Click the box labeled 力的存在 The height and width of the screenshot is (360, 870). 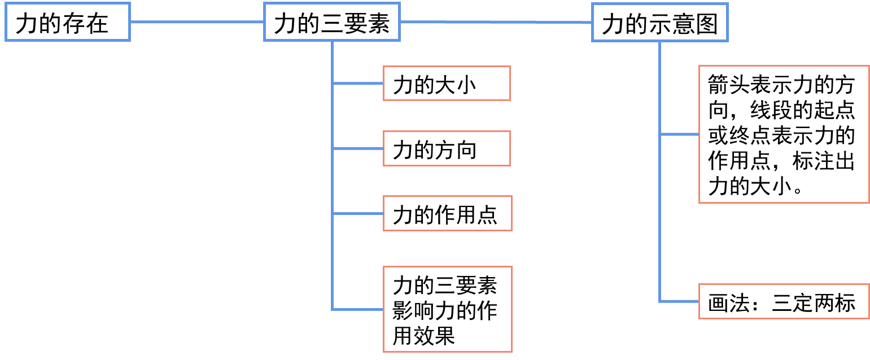pyautogui.click(x=67, y=22)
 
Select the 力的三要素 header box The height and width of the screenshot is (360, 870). pyautogui.click(x=332, y=22)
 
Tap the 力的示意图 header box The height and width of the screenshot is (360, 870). pyautogui.click(x=659, y=23)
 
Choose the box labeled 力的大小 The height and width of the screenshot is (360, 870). pyautogui.click(x=447, y=84)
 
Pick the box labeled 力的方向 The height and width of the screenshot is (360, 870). pyautogui.click(x=447, y=148)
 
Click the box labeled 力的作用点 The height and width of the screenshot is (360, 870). pyautogui.click(x=447, y=213)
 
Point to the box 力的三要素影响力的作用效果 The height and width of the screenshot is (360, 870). pyautogui.click(x=447, y=309)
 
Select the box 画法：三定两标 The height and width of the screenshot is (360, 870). pyautogui.click(x=784, y=301)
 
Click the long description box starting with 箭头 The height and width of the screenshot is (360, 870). pyautogui.click(x=784, y=134)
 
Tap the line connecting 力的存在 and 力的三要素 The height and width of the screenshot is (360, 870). pyautogui.click(x=197, y=22)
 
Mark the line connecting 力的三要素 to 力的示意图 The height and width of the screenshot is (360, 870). pyautogui.click(x=496, y=22)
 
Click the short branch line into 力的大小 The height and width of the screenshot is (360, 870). pyautogui.click(x=358, y=84)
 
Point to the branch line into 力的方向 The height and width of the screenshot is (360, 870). pyautogui.click(x=358, y=148)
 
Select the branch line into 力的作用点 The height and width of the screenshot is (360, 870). pyautogui.click(x=358, y=213)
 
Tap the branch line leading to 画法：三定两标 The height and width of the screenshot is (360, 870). pyautogui.click(x=679, y=301)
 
